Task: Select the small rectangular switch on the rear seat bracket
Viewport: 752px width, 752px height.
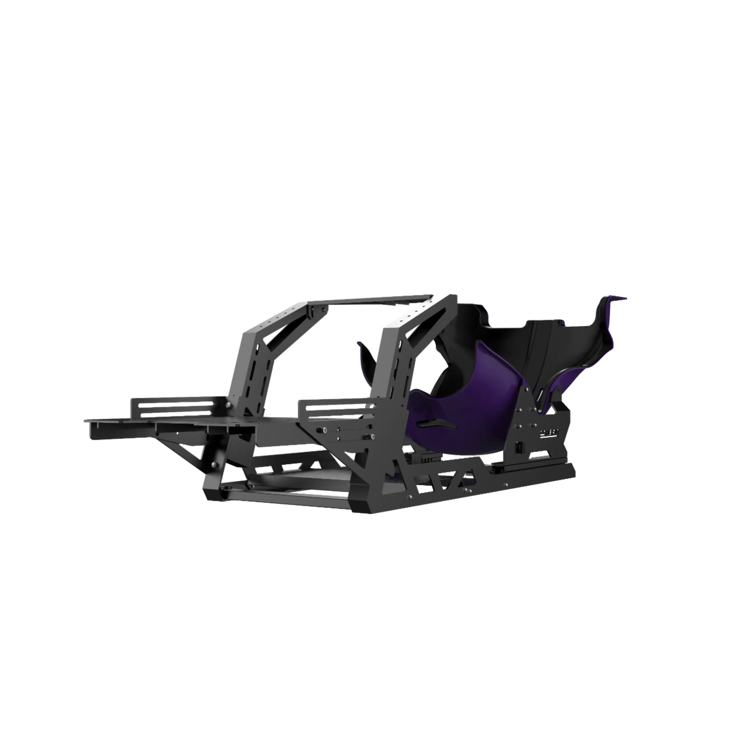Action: [519, 447]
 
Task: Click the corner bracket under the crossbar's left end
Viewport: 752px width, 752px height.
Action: [317, 312]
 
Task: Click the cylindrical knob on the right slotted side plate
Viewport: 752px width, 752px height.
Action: [324, 430]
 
